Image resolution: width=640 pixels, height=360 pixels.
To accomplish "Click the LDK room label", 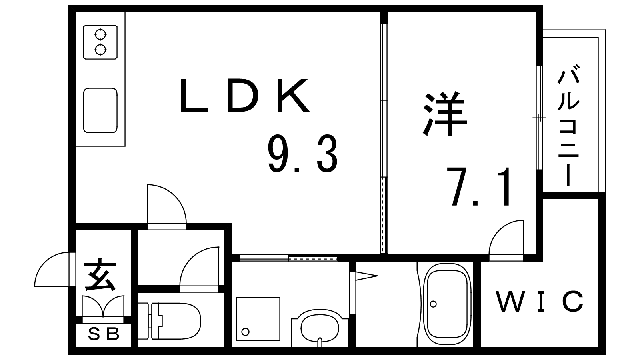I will pos(245,96).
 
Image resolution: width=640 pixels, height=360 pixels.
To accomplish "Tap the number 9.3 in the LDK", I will pos(302,154).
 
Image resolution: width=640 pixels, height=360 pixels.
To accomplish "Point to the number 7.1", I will pos(480,187).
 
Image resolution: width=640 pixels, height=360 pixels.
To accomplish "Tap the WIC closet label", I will pos(539,302).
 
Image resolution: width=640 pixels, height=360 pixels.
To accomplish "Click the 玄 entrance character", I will pos(100,276).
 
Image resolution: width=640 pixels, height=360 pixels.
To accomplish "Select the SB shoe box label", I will pos(104,334).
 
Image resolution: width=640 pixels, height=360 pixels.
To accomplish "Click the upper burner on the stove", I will pos(100,35).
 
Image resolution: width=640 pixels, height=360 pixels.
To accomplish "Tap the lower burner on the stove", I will pos(100,50).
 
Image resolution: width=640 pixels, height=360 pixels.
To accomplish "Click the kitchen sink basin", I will pos(100,110).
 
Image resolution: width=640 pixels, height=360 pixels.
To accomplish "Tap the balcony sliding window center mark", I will pos(539,118).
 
